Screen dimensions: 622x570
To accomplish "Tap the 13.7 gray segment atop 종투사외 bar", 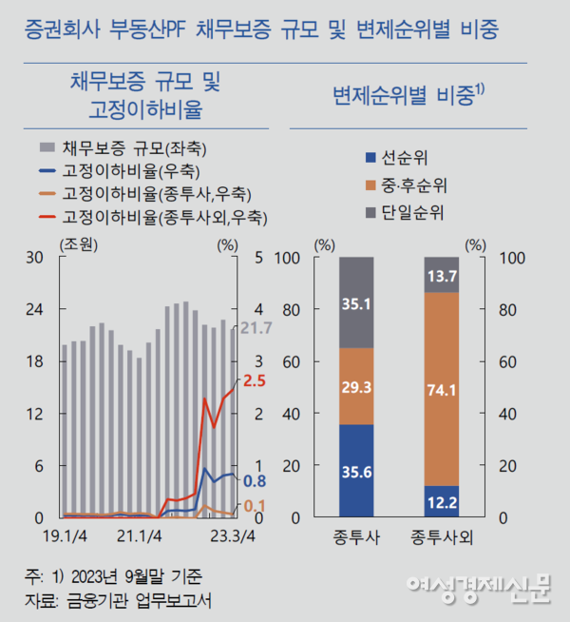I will pos(441,275).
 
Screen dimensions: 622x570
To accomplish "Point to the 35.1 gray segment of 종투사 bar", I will pos(356,302).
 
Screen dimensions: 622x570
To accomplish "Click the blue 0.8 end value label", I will pos(254,481).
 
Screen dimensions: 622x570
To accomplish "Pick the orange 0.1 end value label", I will pos(254,505).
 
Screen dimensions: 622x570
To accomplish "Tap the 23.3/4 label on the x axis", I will pos(234,535).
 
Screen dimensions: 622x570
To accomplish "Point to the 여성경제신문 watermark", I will pos(478,590).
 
